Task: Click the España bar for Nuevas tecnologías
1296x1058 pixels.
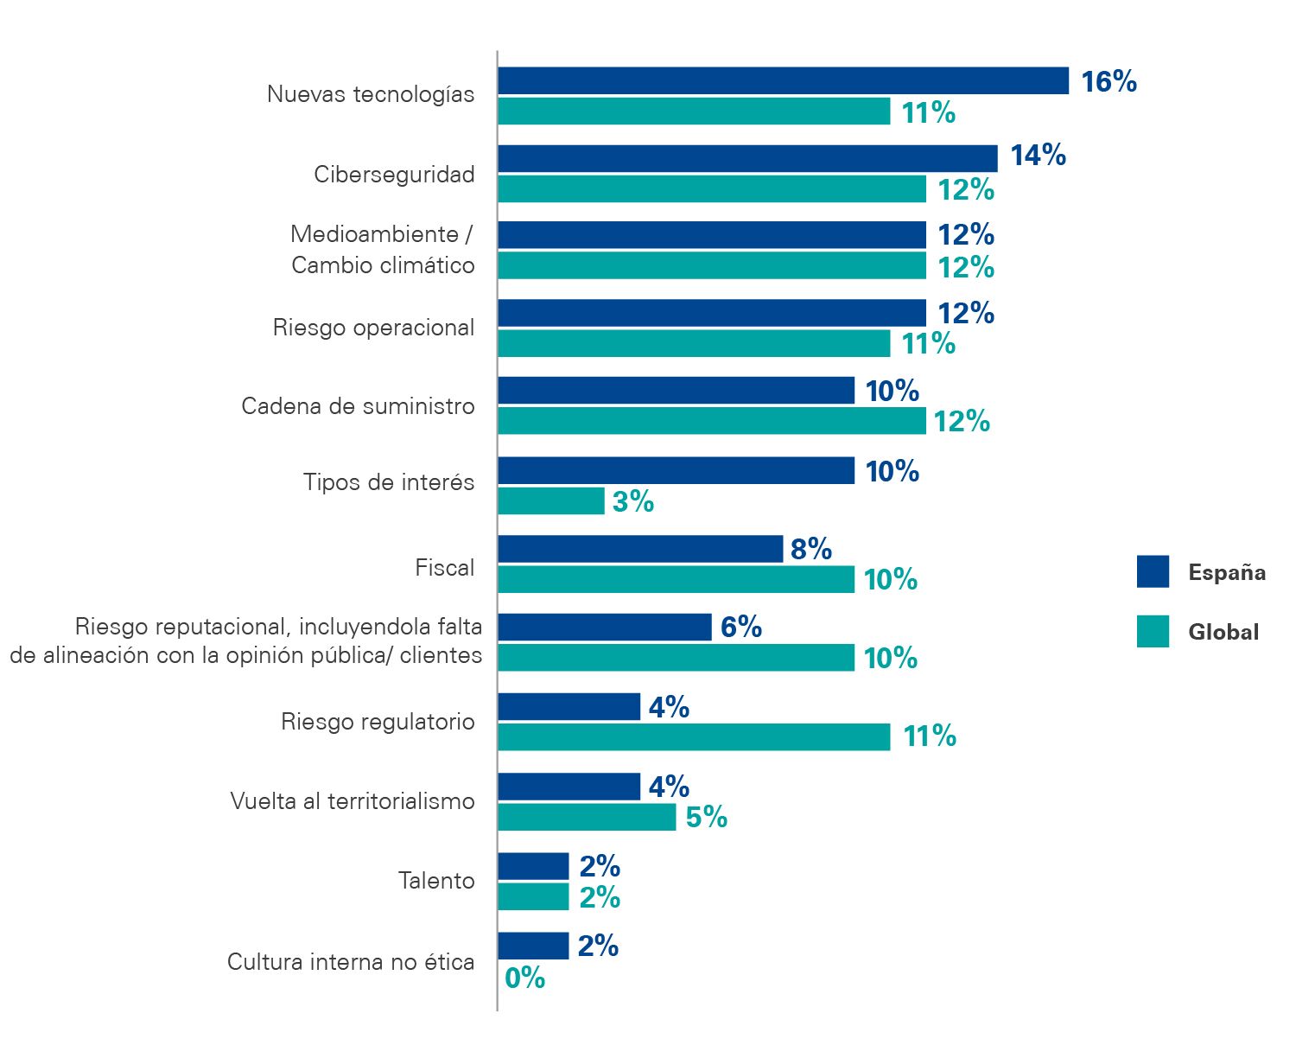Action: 783,81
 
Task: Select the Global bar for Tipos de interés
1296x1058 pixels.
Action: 551,501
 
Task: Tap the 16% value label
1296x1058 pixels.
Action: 1109,81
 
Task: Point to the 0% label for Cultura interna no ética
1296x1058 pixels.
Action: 524,978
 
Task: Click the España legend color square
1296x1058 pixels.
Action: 1153,571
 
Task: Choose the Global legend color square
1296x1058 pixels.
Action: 1153,631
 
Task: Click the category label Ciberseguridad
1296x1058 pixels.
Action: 394,175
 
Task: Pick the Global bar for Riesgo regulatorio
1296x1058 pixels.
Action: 694,737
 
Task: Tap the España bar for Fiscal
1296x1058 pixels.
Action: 640,549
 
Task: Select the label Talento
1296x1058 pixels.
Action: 436,881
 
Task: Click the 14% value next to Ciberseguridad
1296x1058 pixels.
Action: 1038,156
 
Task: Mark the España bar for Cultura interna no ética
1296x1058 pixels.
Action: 533,946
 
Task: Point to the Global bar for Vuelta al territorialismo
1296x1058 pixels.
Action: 587,817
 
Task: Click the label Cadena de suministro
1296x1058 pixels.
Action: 358,406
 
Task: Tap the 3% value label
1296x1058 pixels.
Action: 632,501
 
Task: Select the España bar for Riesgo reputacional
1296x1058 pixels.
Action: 605,627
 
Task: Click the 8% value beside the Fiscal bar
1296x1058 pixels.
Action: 810,549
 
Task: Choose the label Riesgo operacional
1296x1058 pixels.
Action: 373,328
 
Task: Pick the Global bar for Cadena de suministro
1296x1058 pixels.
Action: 712,421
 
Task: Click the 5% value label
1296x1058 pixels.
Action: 706,817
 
